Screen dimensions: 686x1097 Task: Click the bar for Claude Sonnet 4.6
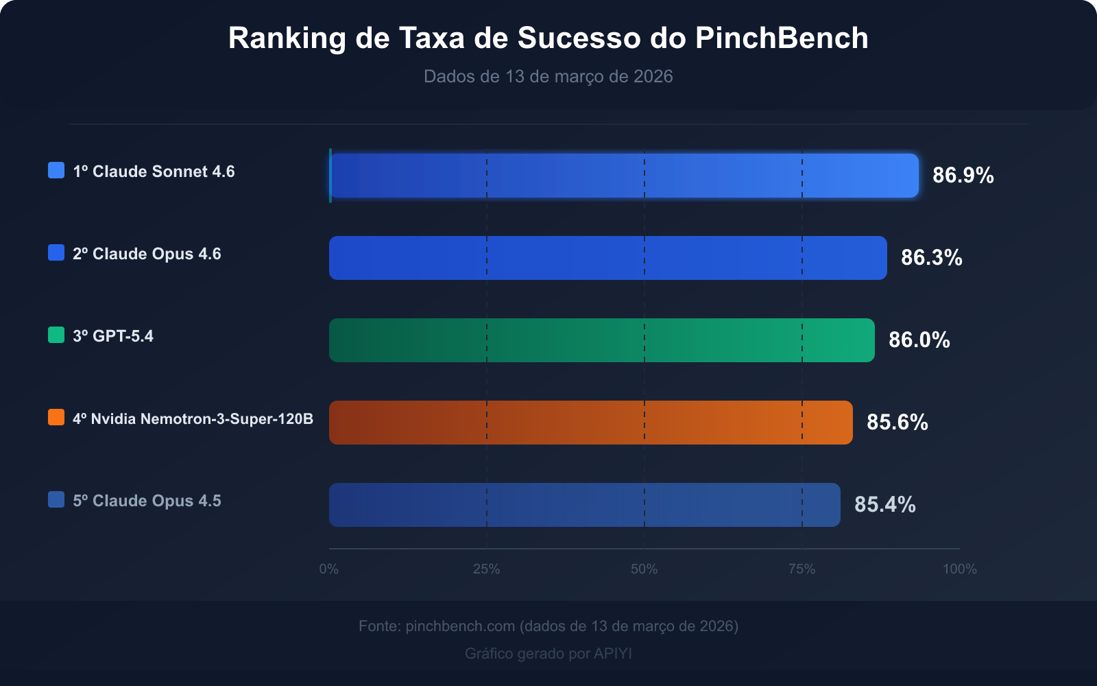[x=624, y=176]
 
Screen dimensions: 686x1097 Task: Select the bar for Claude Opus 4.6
[x=608, y=258]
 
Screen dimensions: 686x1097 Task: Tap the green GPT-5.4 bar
[x=602, y=340]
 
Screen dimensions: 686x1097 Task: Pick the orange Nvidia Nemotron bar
[x=591, y=423]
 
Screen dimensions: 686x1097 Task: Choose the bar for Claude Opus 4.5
[x=585, y=505]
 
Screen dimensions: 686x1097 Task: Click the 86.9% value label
[x=963, y=176]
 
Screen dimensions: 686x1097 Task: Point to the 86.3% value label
[x=931, y=258]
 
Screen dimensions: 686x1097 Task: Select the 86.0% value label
[x=919, y=340]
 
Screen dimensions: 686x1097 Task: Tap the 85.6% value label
[x=897, y=423]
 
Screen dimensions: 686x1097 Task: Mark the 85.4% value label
[x=884, y=505]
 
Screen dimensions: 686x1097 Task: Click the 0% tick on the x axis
[x=329, y=569]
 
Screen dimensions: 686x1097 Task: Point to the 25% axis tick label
[x=487, y=569]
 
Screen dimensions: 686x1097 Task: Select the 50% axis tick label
[x=644, y=569]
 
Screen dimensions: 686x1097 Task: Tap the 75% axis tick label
[x=802, y=569]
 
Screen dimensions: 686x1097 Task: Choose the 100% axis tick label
[x=959, y=569]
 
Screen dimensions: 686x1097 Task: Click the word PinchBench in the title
[x=782, y=38]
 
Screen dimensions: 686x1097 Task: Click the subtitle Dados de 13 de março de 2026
[x=548, y=76]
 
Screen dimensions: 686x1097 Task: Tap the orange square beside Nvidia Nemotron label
[x=56, y=417]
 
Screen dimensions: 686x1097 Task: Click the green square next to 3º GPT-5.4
[x=56, y=335]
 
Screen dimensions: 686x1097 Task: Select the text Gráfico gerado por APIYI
[x=548, y=653]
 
